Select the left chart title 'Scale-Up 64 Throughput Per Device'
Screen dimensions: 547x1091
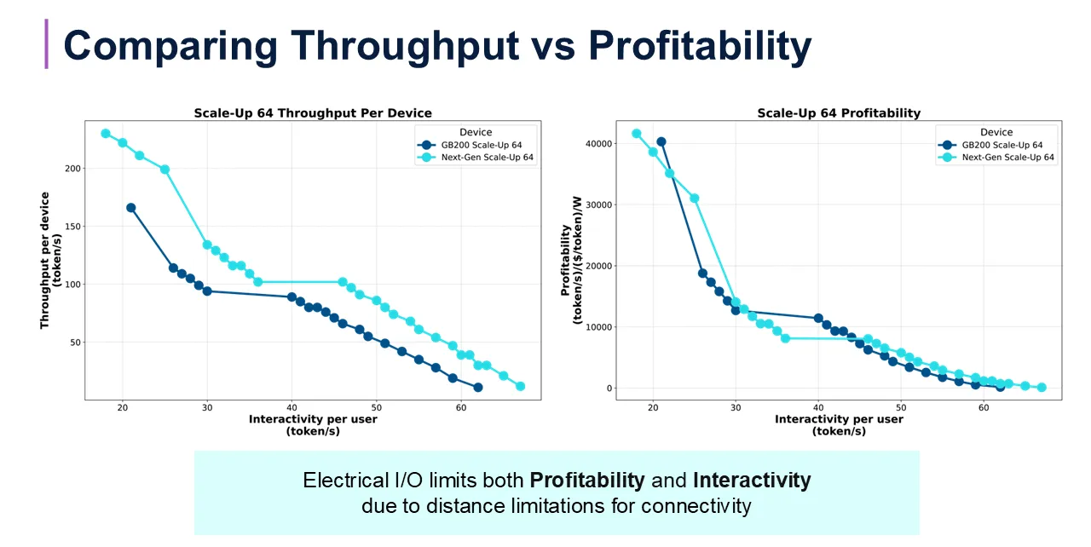click(x=313, y=112)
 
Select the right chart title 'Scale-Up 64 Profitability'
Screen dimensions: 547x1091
click(x=839, y=112)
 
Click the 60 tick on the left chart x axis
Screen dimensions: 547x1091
click(x=461, y=407)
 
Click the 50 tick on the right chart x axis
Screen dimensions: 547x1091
click(x=901, y=407)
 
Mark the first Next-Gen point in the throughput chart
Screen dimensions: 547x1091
click(x=106, y=134)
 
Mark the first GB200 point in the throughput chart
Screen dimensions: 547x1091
click(x=131, y=208)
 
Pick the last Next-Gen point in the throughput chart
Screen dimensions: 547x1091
click(x=520, y=386)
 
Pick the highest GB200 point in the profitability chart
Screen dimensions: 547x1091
click(x=661, y=142)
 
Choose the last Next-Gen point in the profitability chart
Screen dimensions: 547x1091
click(x=1041, y=387)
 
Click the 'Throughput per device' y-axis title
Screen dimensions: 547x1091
click(x=50, y=260)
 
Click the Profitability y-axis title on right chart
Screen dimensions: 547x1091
click(x=570, y=260)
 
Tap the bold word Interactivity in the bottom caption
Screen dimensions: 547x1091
click(x=751, y=481)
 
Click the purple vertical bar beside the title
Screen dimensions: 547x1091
click(x=46, y=43)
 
